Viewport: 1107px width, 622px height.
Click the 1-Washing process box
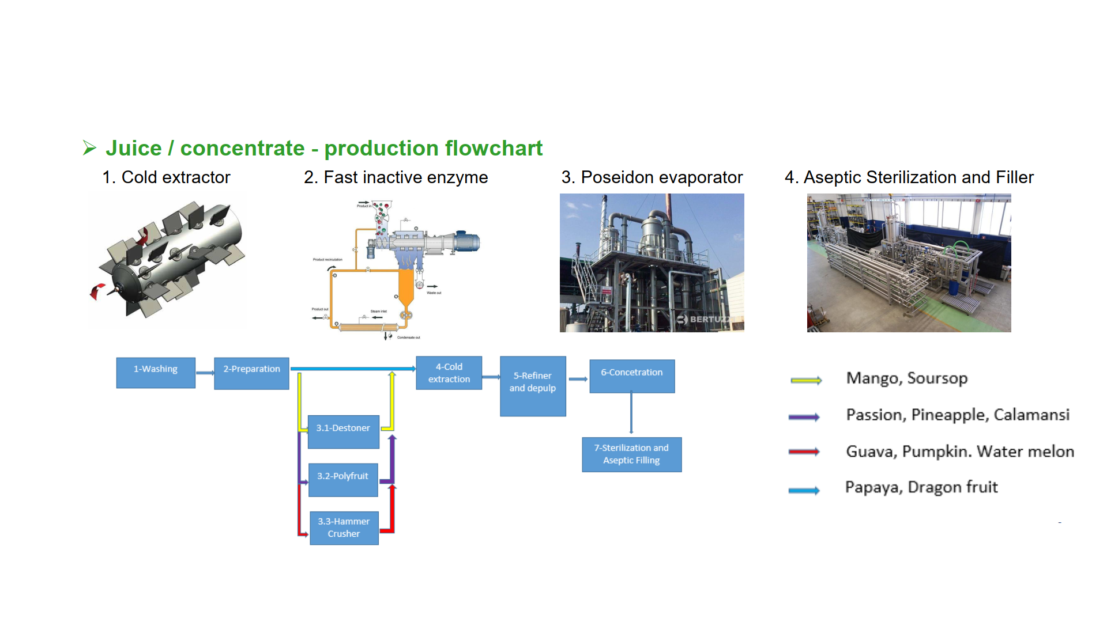point(156,373)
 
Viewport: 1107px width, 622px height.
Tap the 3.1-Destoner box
point(344,431)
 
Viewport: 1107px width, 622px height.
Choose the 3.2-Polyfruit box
point(343,480)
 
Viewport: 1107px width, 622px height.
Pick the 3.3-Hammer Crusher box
point(344,528)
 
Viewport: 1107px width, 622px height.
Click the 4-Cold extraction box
point(449,373)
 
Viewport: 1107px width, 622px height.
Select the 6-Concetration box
point(632,376)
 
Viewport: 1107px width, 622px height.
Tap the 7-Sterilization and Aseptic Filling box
point(632,454)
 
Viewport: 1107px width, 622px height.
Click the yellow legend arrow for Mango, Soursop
point(806,380)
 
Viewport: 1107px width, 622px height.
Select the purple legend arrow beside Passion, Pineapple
point(804,417)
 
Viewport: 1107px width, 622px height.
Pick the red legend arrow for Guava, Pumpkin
point(804,452)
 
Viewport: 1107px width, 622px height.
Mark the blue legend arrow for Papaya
point(804,491)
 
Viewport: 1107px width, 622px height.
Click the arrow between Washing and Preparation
point(205,373)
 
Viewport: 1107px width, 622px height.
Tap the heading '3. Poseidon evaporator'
point(652,177)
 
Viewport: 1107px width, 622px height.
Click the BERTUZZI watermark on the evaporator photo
point(707,319)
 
